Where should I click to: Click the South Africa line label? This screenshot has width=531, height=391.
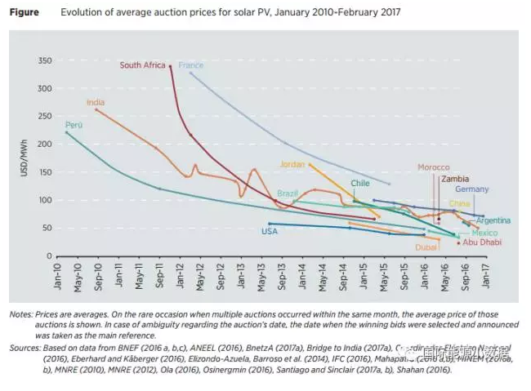[142, 64]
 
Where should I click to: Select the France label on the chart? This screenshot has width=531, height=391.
[191, 64]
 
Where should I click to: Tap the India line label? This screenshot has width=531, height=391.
[96, 102]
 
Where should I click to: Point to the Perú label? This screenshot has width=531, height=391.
[74, 125]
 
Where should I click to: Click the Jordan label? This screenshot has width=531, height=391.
[292, 163]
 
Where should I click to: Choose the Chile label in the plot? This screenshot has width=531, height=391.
[360, 184]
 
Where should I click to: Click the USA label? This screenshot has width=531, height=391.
[270, 231]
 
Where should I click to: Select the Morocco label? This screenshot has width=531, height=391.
[434, 167]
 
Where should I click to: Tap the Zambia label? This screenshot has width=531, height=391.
[455, 178]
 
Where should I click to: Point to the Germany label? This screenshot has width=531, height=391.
[472, 189]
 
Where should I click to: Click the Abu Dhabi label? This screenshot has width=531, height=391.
[481, 242]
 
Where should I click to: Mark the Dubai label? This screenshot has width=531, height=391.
[426, 247]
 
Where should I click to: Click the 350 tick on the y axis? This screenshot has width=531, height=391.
[45, 60]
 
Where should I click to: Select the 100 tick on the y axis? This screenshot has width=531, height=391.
[45, 200]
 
